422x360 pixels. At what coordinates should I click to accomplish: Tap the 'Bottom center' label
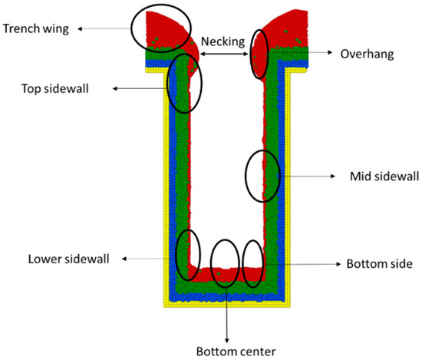pyautogui.click(x=226, y=352)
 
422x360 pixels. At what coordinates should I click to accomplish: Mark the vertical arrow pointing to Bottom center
pyautogui.click(x=226, y=315)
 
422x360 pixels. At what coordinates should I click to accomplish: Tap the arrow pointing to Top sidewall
pyautogui.click(x=141, y=89)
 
